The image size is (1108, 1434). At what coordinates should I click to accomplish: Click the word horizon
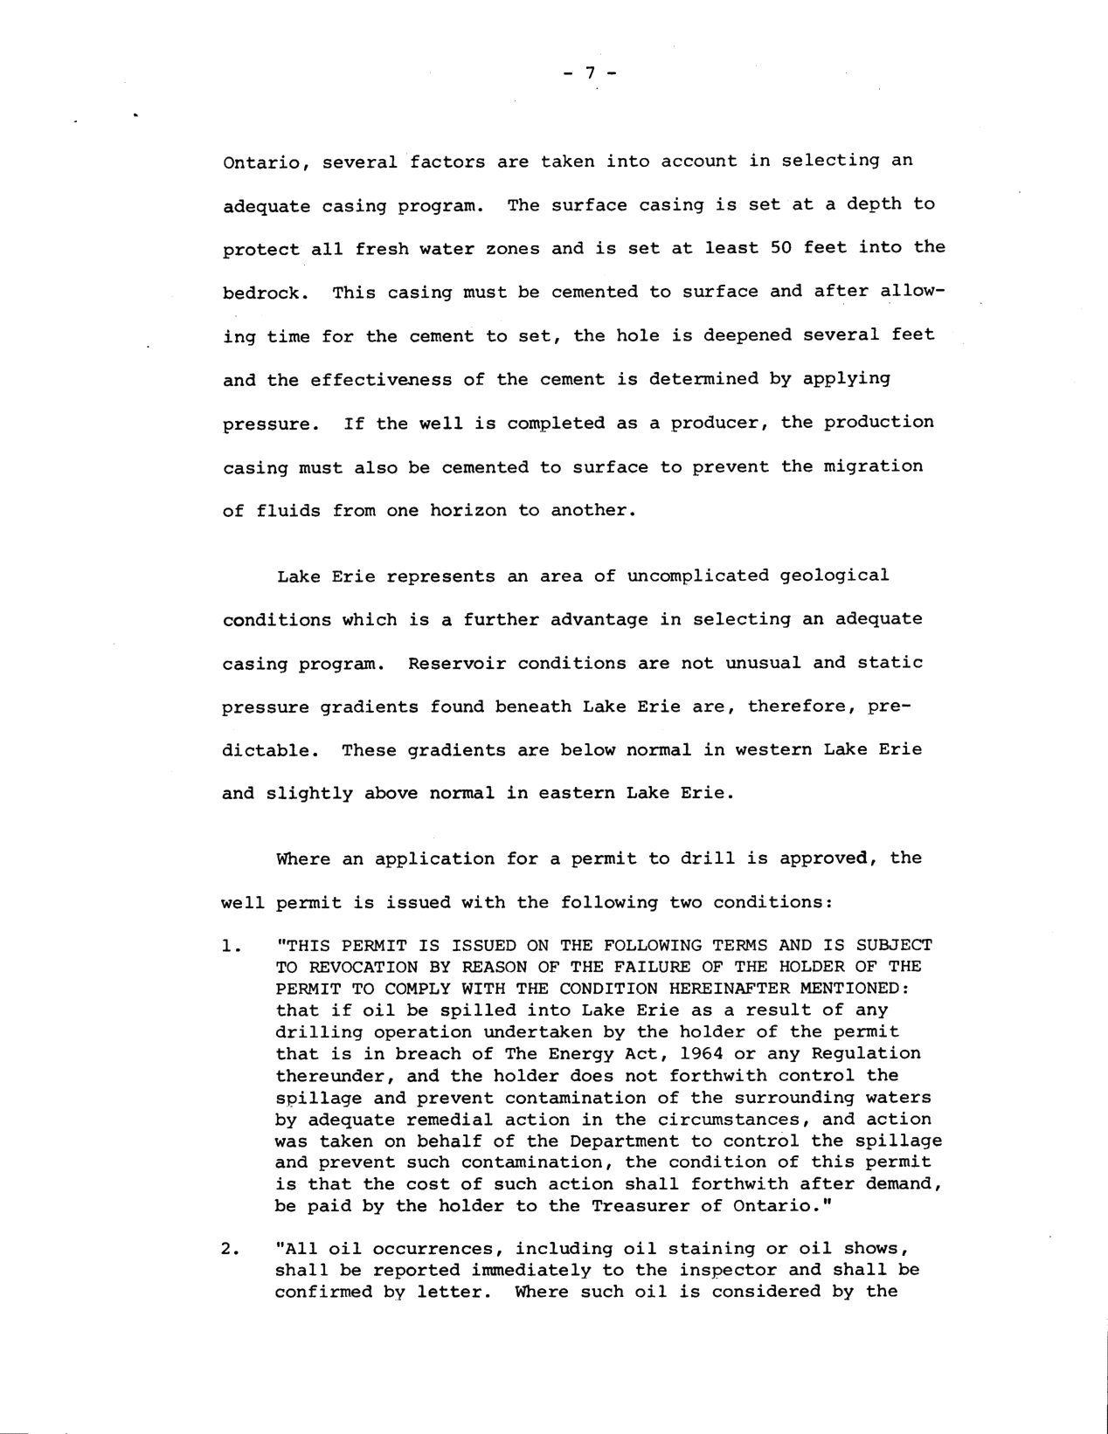(467, 510)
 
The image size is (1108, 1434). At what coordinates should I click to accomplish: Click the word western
(769, 749)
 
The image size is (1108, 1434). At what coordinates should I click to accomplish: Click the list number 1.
(230, 945)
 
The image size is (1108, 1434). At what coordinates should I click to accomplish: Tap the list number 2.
(230, 1249)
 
